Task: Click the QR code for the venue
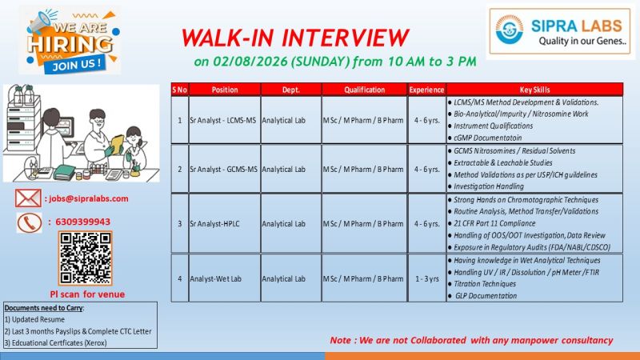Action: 86,258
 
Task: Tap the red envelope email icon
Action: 28,198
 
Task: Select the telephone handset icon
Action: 30,223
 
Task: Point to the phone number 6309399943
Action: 83,222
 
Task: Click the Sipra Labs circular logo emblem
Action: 509,30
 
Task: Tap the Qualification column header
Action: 364,90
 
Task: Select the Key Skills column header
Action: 534,90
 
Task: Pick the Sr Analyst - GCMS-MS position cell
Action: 224,170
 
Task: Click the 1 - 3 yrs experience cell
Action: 427,278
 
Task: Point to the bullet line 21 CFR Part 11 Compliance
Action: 492,223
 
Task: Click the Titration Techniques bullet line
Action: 482,284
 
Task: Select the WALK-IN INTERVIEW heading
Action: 295,38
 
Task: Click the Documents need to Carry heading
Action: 44,308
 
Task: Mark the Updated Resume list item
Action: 34,319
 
